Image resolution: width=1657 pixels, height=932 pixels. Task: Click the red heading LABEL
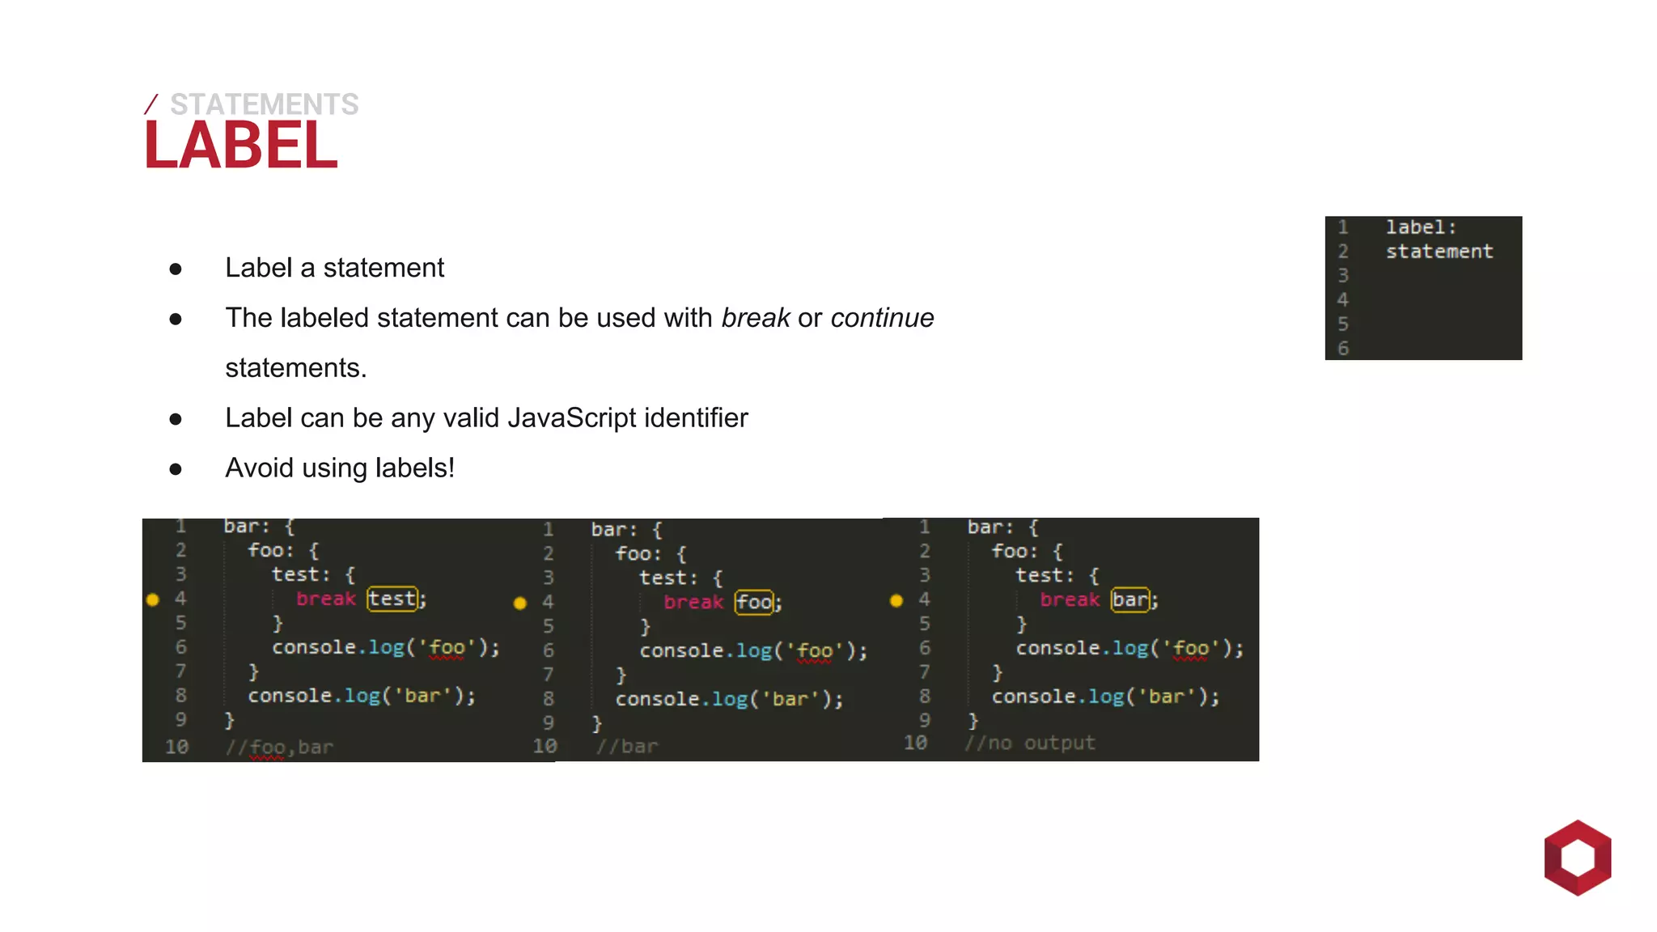[x=240, y=146]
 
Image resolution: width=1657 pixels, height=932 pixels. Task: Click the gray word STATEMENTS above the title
[x=264, y=104]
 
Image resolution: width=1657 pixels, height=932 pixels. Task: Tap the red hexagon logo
[x=1577, y=858]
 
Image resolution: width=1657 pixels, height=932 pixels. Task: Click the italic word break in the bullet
[x=756, y=318]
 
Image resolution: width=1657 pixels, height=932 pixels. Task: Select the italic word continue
[x=882, y=318]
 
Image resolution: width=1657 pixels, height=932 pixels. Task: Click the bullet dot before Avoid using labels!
[x=176, y=469]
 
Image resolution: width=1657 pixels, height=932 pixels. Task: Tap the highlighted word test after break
[x=392, y=599]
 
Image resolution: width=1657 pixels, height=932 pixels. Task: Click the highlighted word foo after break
[x=754, y=602]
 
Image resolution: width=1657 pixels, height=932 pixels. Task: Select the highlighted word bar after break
[x=1129, y=599]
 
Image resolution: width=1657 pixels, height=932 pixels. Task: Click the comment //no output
[x=1029, y=743]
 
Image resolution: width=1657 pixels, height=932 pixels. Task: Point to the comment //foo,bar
[x=279, y=747]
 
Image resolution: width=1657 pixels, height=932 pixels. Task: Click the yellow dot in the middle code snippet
[x=520, y=603]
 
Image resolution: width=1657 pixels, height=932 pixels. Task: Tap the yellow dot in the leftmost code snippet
[x=153, y=599]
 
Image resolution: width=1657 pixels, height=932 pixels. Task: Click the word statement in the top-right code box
[x=1439, y=252]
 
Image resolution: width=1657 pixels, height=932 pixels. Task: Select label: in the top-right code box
[x=1421, y=227]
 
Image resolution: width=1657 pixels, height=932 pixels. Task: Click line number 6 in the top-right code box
[x=1343, y=349]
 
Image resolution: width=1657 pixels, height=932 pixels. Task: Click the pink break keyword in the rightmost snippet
[x=1070, y=599]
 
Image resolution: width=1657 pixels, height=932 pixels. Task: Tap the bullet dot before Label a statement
[x=176, y=269]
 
